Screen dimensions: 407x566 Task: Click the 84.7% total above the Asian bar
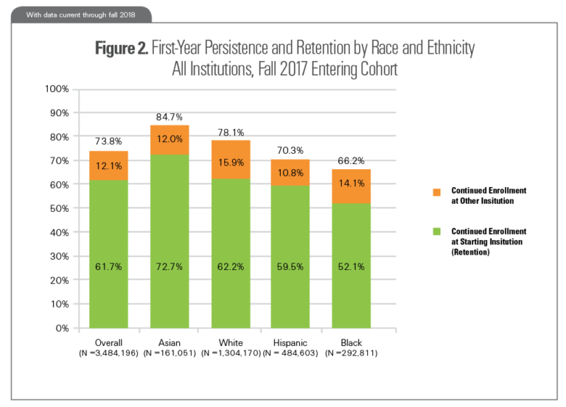170,116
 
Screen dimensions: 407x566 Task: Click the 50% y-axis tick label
58,208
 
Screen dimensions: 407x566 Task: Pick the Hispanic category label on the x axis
290,343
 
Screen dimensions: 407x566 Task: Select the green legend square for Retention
435,231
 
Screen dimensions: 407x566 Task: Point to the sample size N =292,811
351,353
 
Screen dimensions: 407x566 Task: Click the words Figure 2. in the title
122,49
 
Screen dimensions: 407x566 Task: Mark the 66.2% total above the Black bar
351,160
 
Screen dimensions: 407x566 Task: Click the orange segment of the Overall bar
108,166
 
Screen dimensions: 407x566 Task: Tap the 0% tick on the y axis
61,328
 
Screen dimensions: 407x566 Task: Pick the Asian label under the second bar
170,343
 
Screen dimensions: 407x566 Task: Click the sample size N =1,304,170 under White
230,353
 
